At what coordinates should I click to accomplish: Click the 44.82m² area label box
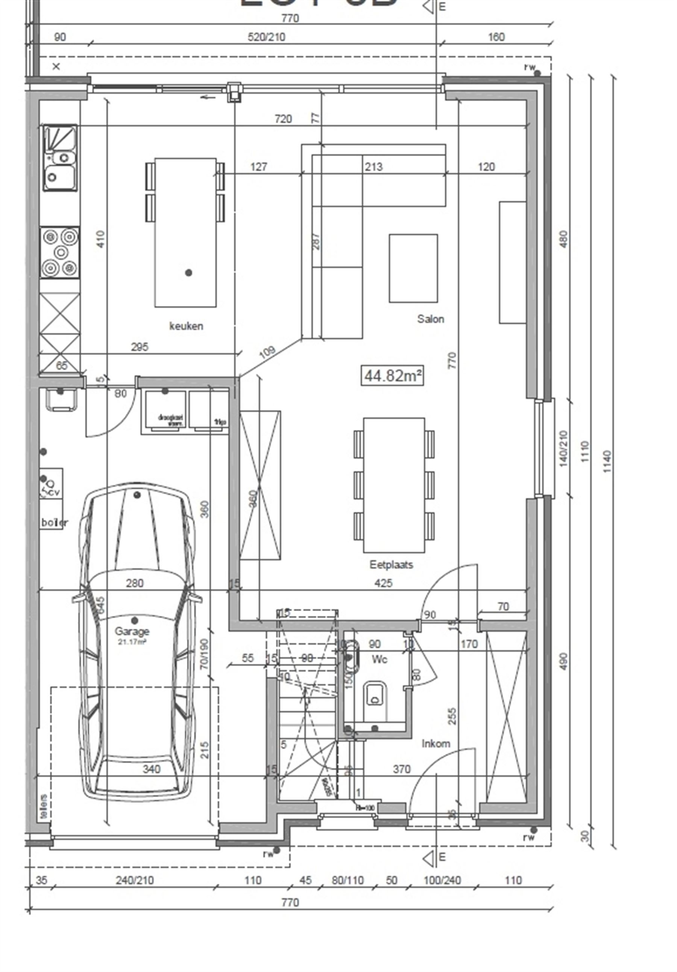pyautogui.click(x=392, y=375)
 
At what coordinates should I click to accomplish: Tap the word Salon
pyautogui.click(x=430, y=319)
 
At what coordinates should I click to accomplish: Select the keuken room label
pyautogui.click(x=186, y=326)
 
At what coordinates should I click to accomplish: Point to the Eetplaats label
pyautogui.click(x=391, y=564)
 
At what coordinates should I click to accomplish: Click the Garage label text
pyautogui.click(x=132, y=631)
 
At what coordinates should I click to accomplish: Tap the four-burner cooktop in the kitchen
pyautogui.click(x=60, y=252)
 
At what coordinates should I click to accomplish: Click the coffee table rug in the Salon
pyautogui.click(x=413, y=268)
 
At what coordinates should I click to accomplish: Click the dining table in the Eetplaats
pyautogui.click(x=393, y=485)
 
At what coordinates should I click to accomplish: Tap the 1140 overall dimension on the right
pyautogui.click(x=607, y=461)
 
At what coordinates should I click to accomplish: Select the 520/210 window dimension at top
pyautogui.click(x=266, y=37)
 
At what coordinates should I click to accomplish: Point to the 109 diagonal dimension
pyautogui.click(x=267, y=351)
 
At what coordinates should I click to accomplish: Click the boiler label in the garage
pyautogui.click(x=54, y=522)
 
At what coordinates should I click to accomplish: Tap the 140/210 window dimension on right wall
pyautogui.click(x=563, y=448)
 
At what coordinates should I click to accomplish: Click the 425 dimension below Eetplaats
pyautogui.click(x=383, y=583)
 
